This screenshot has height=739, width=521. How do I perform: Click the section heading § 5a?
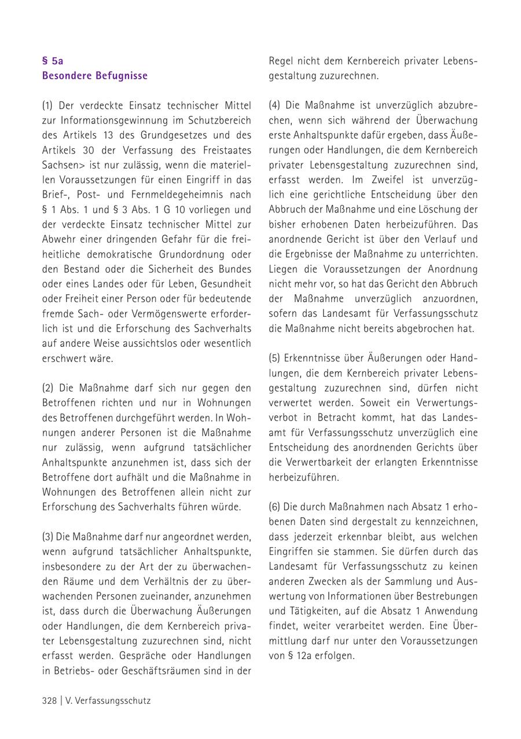coord(53,60)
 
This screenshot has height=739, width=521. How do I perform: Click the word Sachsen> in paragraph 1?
coord(63,166)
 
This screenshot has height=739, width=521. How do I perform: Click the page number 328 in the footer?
coord(49,701)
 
